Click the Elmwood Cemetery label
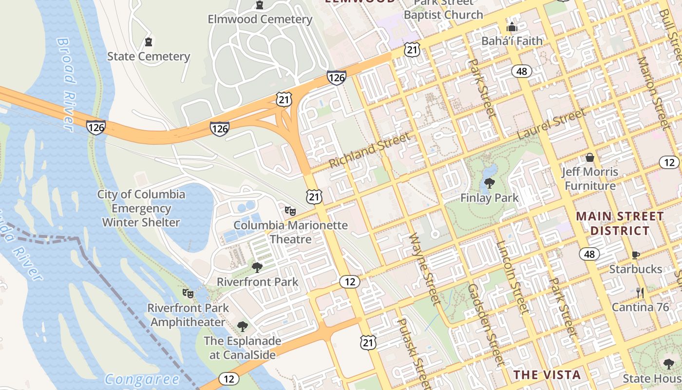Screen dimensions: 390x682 click(260, 19)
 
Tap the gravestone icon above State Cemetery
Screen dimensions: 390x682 click(149, 42)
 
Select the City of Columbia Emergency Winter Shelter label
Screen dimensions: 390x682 click(141, 209)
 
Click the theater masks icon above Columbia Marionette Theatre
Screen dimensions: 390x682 click(290, 211)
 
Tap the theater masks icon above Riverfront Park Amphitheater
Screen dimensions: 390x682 click(188, 293)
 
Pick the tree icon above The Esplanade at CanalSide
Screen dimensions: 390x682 click(242, 326)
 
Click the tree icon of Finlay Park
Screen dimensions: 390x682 click(490, 184)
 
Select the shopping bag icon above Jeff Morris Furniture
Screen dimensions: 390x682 click(590, 157)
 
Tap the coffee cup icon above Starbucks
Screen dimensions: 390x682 click(636, 255)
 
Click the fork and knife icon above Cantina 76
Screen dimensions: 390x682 click(640, 293)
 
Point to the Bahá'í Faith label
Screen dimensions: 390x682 click(511, 41)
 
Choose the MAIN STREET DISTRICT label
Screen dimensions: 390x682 click(620, 223)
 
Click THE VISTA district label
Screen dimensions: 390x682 click(548, 375)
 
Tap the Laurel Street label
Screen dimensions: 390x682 click(551, 124)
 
